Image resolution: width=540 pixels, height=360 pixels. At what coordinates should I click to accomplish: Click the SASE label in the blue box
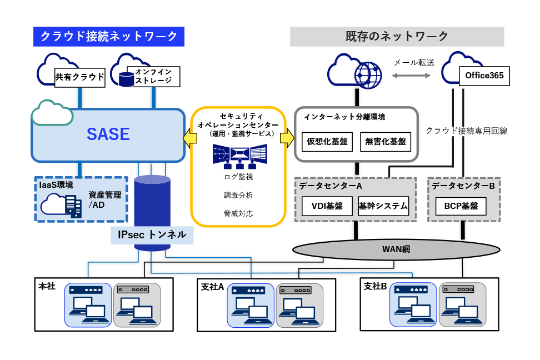pyautogui.click(x=108, y=134)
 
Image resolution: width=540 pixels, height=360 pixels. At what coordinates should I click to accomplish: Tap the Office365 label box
pyautogui.click(x=484, y=76)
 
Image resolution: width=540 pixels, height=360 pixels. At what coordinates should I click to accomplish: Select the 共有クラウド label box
pyautogui.click(x=80, y=78)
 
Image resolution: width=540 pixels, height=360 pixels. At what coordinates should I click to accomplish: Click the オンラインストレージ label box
pyautogui.click(x=153, y=77)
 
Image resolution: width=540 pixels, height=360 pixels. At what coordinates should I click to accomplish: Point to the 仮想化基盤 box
pyautogui.click(x=327, y=142)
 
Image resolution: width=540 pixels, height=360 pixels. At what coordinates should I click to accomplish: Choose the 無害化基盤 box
pyautogui.click(x=386, y=142)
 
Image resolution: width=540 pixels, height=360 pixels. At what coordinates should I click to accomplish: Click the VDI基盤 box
pyautogui.click(x=327, y=206)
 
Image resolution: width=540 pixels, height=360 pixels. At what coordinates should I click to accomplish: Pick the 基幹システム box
pyautogui.click(x=383, y=206)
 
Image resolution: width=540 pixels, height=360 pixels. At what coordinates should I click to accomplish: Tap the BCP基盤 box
pyautogui.click(x=461, y=206)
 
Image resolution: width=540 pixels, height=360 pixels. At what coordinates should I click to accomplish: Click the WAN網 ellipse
pyautogui.click(x=396, y=249)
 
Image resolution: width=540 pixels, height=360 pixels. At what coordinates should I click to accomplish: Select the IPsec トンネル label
pyautogui.click(x=152, y=235)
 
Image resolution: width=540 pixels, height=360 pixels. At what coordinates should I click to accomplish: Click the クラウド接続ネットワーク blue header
pyautogui.click(x=109, y=37)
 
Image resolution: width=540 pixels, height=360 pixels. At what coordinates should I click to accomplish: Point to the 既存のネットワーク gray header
pyautogui.click(x=397, y=37)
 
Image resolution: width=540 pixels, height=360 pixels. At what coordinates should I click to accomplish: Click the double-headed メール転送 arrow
pyautogui.click(x=411, y=76)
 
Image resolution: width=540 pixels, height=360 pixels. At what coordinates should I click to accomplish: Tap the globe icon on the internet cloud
pyautogui.click(x=368, y=75)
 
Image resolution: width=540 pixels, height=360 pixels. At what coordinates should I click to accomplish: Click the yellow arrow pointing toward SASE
pyautogui.click(x=190, y=138)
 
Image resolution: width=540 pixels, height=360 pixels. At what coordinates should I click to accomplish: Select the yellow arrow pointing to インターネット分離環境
pyautogui.click(x=287, y=138)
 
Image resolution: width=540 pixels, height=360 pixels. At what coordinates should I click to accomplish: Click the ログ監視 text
pyautogui.click(x=238, y=177)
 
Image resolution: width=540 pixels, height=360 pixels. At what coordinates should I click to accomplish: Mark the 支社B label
pyautogui.click(x=375, y=286)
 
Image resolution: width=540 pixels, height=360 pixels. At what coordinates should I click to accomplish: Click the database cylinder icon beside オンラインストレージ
pyautogui.click(x=127, y=79)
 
